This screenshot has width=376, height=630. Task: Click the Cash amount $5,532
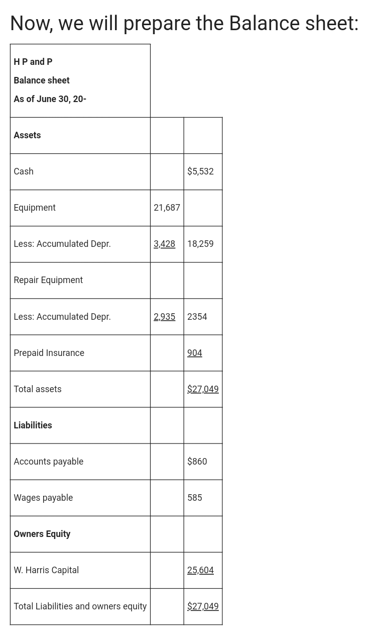(200, 171)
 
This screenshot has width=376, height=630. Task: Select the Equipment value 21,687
(167, 208)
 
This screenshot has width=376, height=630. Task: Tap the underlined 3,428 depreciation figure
(164, 244)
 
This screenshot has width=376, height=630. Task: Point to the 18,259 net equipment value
(200, 244)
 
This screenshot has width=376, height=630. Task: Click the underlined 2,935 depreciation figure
(164, 317)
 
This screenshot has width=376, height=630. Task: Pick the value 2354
(197, 317)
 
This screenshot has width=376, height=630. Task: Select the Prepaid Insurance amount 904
(194, 353)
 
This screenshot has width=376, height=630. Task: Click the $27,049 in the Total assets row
(203, 389)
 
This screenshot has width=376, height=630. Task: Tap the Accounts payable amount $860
(197, 462)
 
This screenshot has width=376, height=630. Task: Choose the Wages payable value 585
(194, 498)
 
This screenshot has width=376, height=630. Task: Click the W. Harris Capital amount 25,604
(200, 570)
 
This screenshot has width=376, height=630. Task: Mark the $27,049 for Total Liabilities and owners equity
(203, 606)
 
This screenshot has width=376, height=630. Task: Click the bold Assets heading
(27, 135)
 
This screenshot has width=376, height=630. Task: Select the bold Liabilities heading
(33, 425)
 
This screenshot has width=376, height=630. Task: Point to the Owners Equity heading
(42, 534)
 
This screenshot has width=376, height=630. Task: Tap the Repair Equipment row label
(48, 280)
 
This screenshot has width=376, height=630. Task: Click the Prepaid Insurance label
(49, 353)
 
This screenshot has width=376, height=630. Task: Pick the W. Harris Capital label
(46, 570)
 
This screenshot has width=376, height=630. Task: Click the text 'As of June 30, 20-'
(50, 99)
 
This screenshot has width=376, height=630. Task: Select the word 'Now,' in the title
(31, 24)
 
